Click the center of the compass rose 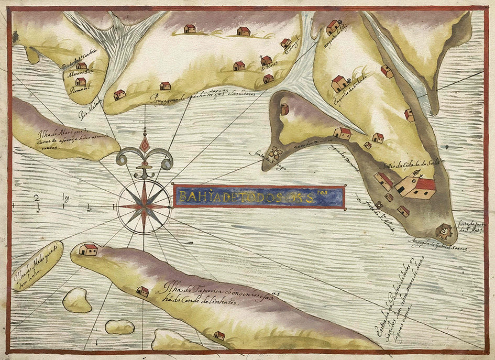coord(144,206)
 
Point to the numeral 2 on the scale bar coord(37,199)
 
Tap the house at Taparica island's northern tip coord(88,249)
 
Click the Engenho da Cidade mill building coord(339,83)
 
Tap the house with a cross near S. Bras coord(266,60)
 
